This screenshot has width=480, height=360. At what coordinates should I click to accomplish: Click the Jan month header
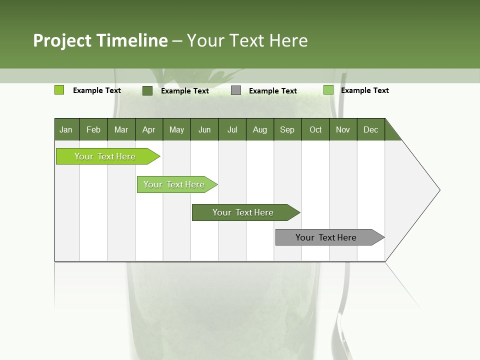point(66,129)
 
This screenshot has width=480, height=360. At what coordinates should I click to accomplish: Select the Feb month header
point(93,129)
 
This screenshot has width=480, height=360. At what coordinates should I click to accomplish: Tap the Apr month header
point(148,129)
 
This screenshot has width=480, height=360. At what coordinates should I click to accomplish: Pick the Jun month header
point(204,129)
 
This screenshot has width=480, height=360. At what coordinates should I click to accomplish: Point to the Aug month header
point(259,129)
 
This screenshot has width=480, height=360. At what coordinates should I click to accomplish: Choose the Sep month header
point(287,129)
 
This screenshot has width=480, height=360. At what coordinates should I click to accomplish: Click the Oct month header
point(315,129)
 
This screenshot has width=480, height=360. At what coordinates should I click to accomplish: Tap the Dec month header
point(370,129)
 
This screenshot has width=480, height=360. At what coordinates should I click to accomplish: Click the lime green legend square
point(59,90)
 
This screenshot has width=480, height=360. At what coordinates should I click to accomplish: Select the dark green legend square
point(147,90)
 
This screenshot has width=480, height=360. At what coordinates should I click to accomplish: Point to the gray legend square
point(236,90)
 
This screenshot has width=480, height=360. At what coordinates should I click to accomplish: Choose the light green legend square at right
point(328,90)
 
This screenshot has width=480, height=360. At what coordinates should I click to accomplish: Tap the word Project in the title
point(62,40)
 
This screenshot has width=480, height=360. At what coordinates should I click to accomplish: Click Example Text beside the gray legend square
point(273,91)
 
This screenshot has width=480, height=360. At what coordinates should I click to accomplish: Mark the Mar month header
point(121,129)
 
